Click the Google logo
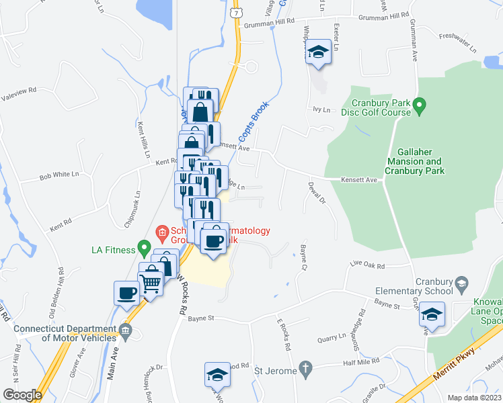(x=22, y=395)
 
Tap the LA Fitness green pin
(x=143, y=248)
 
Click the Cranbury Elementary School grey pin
(x=461, y=284)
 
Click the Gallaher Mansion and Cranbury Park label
(x=415, y=166)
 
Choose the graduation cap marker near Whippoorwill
(x=317, y=53)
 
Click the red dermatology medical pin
(x=162, y=235)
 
